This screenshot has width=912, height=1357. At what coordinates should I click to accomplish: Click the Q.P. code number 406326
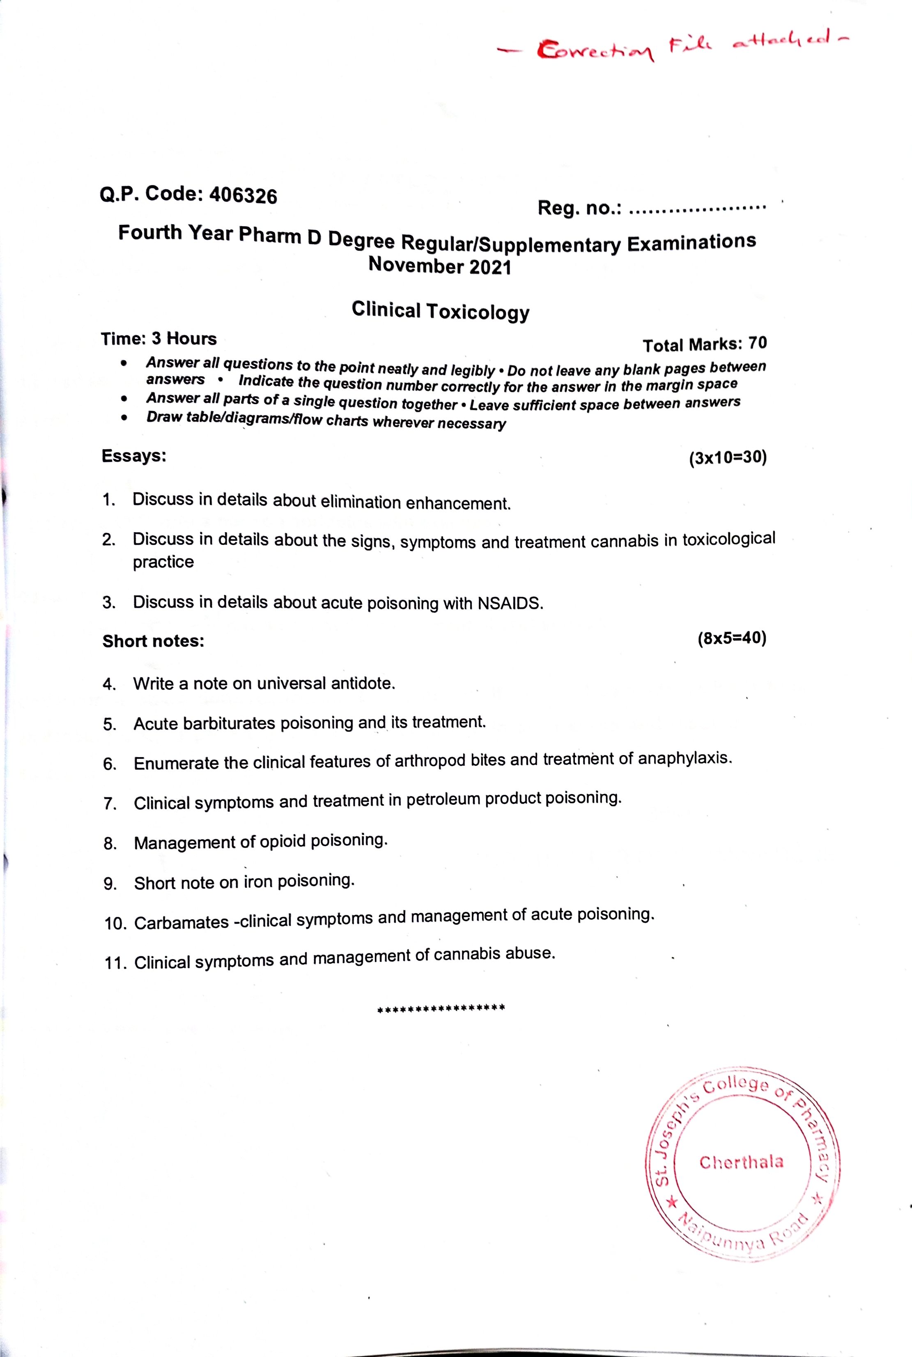pos(243,195)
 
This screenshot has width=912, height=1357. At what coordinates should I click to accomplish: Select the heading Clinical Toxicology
pos(440,311)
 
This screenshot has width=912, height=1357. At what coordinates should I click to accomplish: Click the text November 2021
pos(440,266)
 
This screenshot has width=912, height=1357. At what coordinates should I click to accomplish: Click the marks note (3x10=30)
pos(728,457)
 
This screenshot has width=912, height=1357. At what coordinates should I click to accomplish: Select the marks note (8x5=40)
pos(732,638)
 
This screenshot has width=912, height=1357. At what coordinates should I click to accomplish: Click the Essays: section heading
pos(134,456)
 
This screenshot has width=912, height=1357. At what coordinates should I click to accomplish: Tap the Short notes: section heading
pos(153,641)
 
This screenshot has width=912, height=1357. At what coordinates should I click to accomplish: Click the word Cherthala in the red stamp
pos(741,1162)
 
